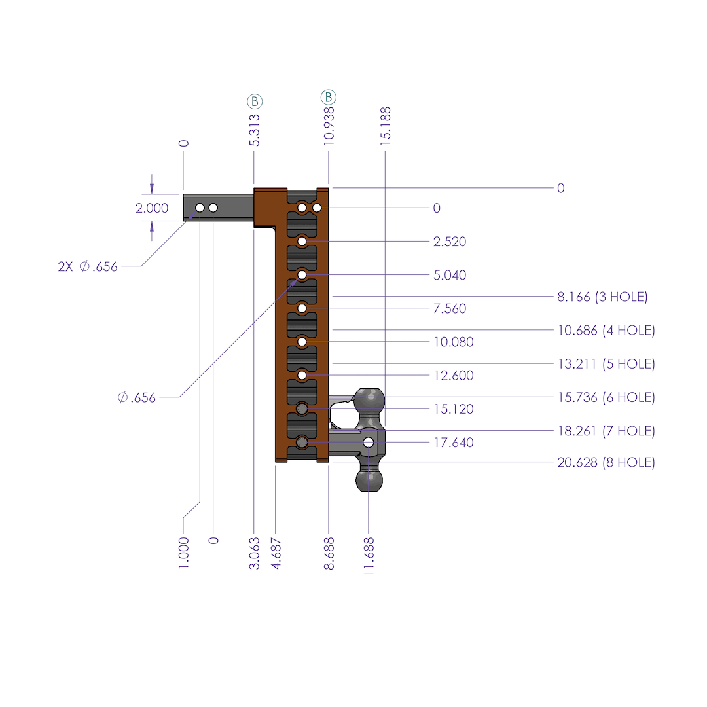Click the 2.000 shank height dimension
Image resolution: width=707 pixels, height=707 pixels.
[x=152, y=208]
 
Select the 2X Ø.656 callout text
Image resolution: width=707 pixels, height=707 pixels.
[x=88, y=266]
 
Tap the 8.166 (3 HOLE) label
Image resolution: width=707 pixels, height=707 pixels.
[x=602, y=297]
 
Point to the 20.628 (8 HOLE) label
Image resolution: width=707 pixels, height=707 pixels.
[x=606, y=463]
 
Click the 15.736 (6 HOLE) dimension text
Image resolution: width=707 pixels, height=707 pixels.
[x=606, y=397]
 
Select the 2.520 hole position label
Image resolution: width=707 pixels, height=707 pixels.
[x=450, y=242]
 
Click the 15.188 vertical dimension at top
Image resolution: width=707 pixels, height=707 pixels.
[x=385, y=126]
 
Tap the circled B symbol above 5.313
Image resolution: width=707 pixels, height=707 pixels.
[x=255, y=101]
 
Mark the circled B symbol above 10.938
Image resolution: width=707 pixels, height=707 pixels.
[x=328, y=98]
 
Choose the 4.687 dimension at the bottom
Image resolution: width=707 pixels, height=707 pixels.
[x=276, y=554]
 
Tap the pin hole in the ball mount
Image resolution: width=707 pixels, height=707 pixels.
[x=369, y=443]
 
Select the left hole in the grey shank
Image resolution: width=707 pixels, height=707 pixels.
[x=200, y=208]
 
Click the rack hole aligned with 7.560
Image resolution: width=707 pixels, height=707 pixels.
[x=302, y=308]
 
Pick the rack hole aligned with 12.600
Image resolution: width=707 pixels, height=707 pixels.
[x=302, y=376]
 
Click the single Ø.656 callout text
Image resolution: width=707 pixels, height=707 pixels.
[x=137, y=397]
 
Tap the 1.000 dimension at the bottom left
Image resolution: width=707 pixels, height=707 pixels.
[x=183, y=554]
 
